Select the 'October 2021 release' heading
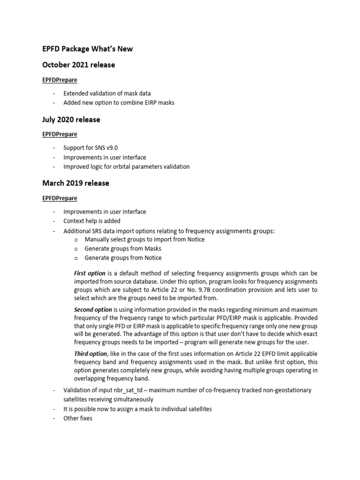(x=78, y=65)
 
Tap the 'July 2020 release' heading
(x=71, y=120)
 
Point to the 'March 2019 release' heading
(x=75, y=183)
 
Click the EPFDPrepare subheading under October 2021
(x=60, y=80)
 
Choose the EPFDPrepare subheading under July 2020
(x=60, y=135)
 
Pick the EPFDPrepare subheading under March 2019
(x=60, y=198)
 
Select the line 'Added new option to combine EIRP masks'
(x=119, y=102)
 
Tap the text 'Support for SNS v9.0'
(x=87, y=148)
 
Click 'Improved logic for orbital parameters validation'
(x=127, y=166)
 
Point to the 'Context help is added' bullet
(x=92, y=221)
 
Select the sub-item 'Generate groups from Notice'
(x=123, y=258)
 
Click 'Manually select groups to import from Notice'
(x=144, y=239)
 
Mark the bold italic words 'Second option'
(x=93, y=309)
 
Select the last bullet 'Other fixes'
(x=78, y=418)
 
